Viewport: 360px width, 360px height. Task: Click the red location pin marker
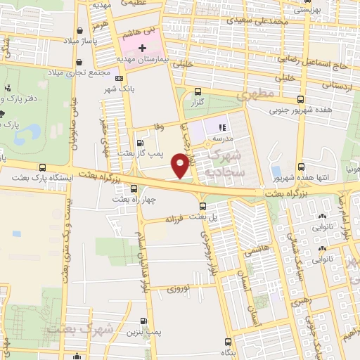coord(181,166)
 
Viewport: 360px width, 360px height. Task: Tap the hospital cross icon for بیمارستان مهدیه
coord(143,49)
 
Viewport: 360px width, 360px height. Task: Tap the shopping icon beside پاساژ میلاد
coord(83,30)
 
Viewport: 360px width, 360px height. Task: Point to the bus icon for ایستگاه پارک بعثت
coord(44,168)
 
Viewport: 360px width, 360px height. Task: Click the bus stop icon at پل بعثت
coord(203,205)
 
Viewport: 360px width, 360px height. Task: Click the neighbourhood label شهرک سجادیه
coord(239,159)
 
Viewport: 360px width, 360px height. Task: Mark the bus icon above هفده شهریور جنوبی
coord(301,99)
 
